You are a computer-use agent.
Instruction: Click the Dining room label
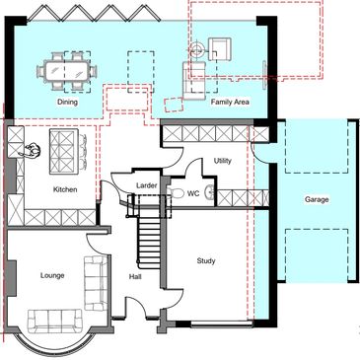(x=68, y=102)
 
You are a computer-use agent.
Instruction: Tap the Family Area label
(x=230, y=102)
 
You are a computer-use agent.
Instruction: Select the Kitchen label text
(x=65, y=189)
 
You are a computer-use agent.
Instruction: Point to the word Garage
(x=317, y=199)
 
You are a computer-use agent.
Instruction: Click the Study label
(x=206, y=261)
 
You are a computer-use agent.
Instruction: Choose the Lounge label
(x=52, y=275)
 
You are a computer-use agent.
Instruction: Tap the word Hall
(x=135, y=277)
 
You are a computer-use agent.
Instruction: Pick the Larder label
(x=147, y=185)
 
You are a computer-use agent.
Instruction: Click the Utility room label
(x=223, y=161)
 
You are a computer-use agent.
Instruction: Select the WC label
(x=193, y=193)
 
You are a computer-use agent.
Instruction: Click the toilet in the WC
(x=175, y=192)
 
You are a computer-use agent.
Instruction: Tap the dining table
(x=67, y=71)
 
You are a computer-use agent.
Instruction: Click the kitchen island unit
(x=64, y=151)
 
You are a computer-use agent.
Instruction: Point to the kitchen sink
(x=31, y=150)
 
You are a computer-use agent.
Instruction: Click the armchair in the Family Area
(x=220, y=48)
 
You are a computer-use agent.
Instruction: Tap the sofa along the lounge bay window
(x=54, y=321)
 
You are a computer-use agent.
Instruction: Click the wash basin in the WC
(x=210, y=192)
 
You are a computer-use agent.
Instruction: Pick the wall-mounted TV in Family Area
(x=264, y=74)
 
